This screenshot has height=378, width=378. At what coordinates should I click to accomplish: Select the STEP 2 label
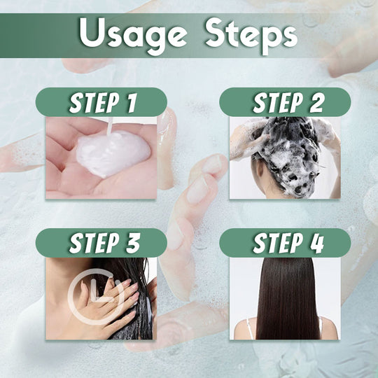[285, 102]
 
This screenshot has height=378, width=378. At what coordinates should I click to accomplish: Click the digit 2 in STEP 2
[315, 102]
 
